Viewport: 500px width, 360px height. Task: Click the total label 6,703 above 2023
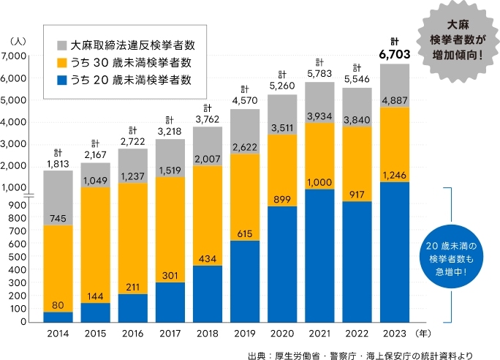click(395, 53)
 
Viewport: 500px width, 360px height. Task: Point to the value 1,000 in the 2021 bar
click(320, 182)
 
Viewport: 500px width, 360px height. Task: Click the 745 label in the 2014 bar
click(58, 218)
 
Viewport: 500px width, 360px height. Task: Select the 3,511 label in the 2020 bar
click(282, 129)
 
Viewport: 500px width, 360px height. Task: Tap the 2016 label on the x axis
click(132, 334)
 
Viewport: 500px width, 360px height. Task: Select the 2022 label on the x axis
click(357, 334)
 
